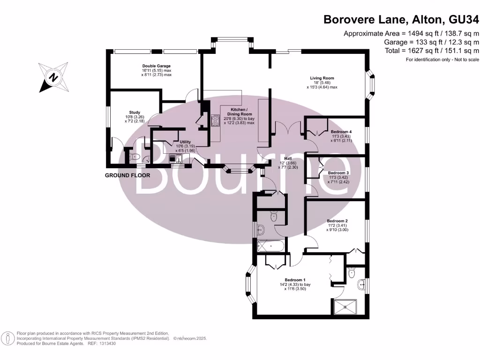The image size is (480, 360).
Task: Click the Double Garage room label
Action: (x=157, y=66)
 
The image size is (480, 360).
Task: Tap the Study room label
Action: (x=135, y=112)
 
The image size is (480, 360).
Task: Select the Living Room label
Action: (x=322, y=78)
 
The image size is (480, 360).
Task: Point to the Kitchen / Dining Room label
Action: (x=239, y=112)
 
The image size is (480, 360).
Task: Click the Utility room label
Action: (x=185, y=142)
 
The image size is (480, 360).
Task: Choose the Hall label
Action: (x=288, y=158)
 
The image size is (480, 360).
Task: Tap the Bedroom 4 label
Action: (x=341, y=132)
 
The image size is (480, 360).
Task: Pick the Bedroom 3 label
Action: (x=338, y=172)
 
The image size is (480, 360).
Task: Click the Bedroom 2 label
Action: (x=337, y=221)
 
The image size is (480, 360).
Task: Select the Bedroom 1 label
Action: (x=295, y=280)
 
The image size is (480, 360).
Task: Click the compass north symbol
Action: (x=53, y=77)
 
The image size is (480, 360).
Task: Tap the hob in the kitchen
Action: (x=216, y=120)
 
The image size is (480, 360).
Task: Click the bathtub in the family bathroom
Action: (x=270, y=246)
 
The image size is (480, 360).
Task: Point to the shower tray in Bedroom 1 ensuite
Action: (x=345, y=307)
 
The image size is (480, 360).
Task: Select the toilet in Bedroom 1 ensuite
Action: (x=352, y=272)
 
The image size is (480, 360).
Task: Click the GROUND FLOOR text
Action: (x=127, y=175)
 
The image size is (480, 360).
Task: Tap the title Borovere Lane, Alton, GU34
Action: (x=401, y=20)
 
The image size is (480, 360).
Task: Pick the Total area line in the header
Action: (x=432, y=51)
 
